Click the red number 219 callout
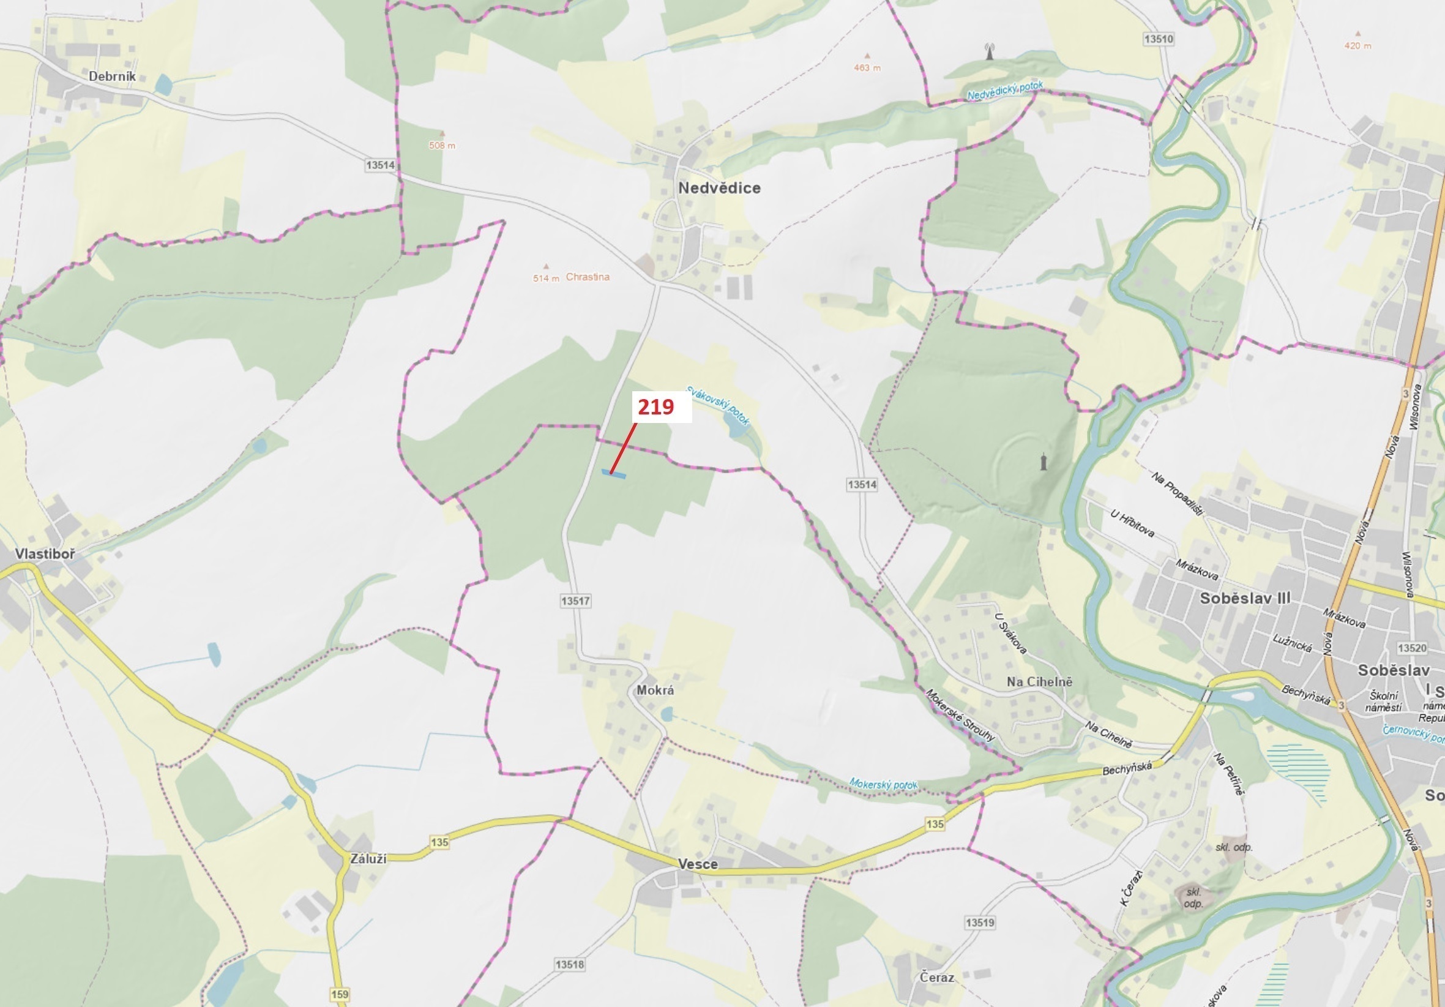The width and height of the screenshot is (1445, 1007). click(x=655, y=407)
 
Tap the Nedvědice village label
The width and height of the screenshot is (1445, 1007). click(x=719, y=187)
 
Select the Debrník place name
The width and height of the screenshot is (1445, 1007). click(x=112, y=76)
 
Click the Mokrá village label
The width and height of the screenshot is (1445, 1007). click(x=655, y=690)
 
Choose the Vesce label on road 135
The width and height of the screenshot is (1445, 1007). click(x=698, y=864)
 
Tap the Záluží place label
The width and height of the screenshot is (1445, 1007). click(x=368, y=858)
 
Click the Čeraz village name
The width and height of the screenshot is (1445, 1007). click(x=936, y=978)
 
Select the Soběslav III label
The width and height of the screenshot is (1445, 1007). click(x=1245, y=598)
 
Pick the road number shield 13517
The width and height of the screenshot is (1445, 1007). click(x=575, y=601)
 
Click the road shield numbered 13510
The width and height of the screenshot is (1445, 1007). click(x=1159, y=39)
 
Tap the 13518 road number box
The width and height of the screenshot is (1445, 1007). click(x=570, y=964)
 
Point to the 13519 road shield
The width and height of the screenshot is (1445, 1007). click(x=980, y=923)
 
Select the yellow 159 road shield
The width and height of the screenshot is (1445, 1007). click(x=339, y=994)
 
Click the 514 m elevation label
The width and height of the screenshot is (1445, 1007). click(x=546, y=278)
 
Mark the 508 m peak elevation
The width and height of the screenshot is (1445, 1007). click(x=442, y=145)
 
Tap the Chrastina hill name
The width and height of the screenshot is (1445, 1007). click(x=588, y=277)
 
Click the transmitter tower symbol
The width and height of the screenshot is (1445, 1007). click(x=990, y=51)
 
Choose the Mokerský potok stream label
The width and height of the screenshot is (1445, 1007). click(x=883, y=784)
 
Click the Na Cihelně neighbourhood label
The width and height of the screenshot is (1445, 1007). click(x=1039, y=681)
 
